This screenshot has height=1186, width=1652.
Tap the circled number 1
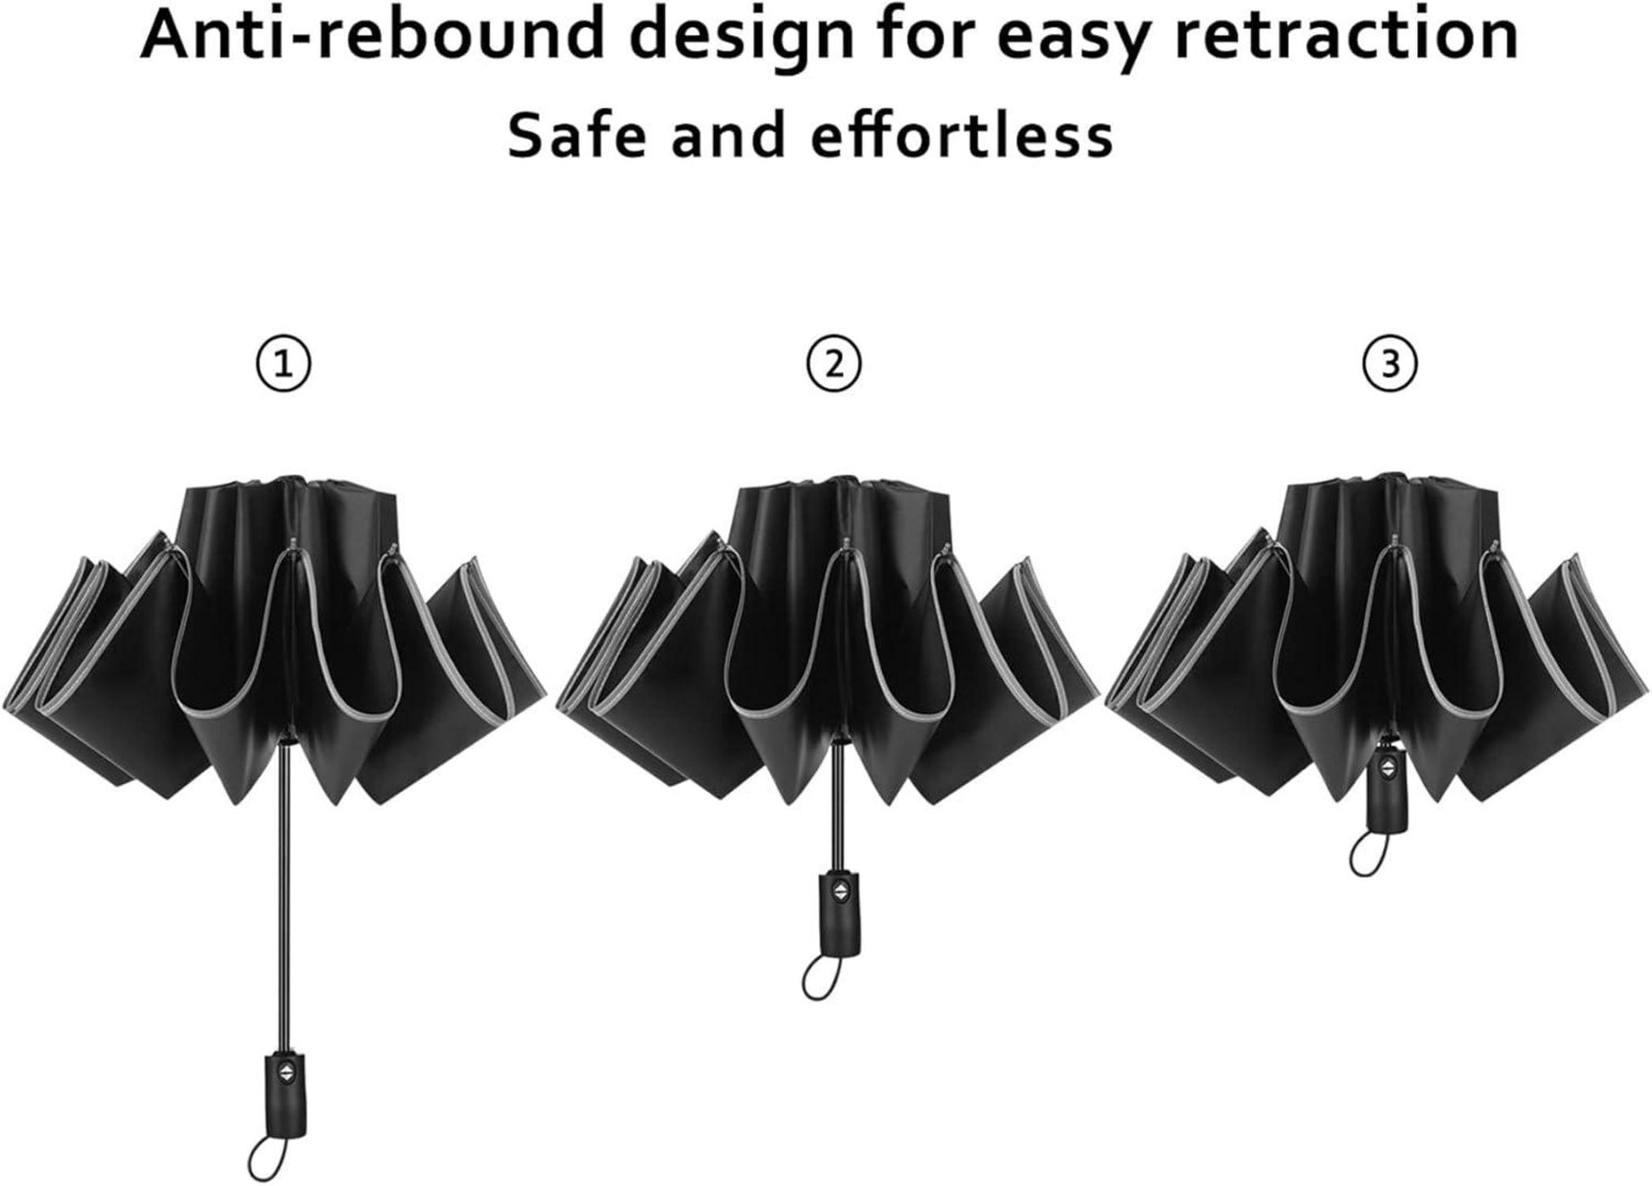click(284, 364)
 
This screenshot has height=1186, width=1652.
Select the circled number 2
click(834, 364)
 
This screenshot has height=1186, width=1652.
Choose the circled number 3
click(1390, 364)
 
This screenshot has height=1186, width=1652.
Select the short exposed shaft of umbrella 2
click(837, 802)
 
